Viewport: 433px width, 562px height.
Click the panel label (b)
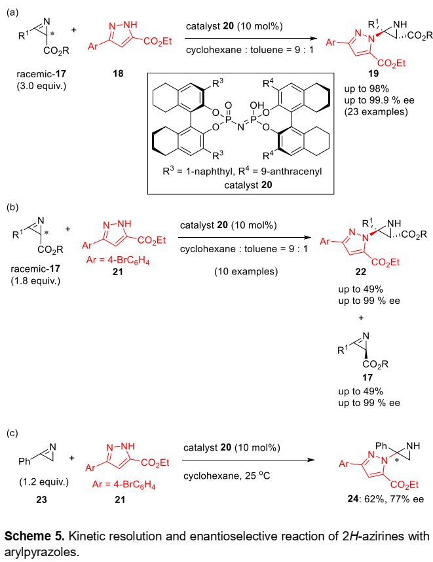click(14, 207)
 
